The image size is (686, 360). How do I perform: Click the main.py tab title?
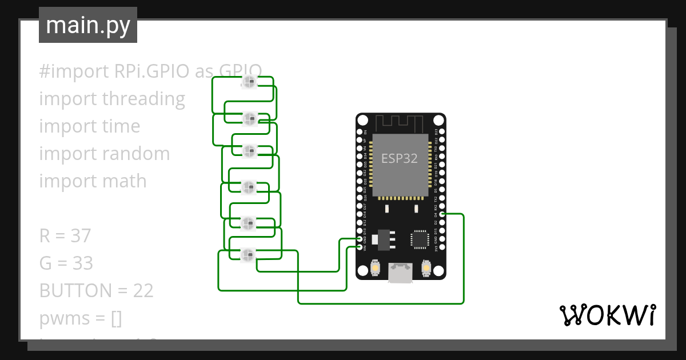[87, 25]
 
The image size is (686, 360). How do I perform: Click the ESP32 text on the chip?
[400, 158]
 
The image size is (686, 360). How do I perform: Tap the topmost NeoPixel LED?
[249, 83]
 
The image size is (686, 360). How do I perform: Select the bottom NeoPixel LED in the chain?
[248, 254]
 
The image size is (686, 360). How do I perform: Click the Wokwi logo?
[607, 315]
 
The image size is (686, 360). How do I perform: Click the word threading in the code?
[143, 99]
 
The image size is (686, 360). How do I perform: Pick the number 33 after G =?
[81, 263]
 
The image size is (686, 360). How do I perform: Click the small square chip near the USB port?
[420, 239]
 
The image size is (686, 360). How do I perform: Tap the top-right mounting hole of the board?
[438, 121]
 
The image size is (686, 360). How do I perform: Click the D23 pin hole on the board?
[442, 132]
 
